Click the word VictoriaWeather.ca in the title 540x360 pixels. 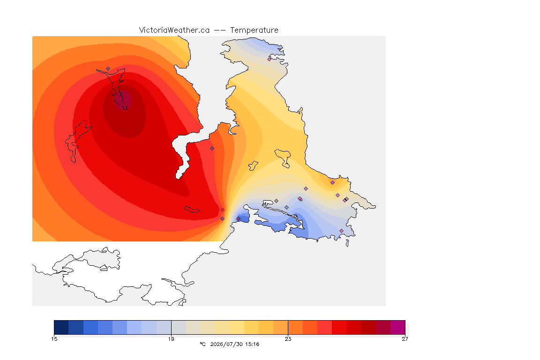(x=174, y=30)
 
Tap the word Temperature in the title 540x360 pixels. (x=254, y=30)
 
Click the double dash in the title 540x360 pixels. (x=220, y=30)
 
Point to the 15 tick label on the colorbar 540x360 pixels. (x=54, y=339)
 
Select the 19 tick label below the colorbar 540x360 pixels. (x=171, y=339)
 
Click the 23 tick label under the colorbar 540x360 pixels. (x=288, y=339)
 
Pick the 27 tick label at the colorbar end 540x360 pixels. (x=405, y=339)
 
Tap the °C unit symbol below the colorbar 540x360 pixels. (x=202, y=344)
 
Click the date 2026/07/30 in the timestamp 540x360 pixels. (x=226, y=344)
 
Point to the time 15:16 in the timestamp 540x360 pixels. (x=252, y=344)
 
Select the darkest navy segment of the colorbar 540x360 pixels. (x=61, y=327)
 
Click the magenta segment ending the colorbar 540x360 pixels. (x=398, y=327)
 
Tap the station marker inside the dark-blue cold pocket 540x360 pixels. (x=238, y=219)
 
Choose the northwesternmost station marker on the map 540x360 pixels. (x=108, y=69)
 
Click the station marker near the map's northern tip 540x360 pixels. (x=270, y=59)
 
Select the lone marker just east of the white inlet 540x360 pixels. (x=212, y=149)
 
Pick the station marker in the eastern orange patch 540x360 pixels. (x=333, y=183)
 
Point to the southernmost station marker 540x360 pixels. (x=342, y=231)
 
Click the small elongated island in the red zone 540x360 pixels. (x=192, y=210)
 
